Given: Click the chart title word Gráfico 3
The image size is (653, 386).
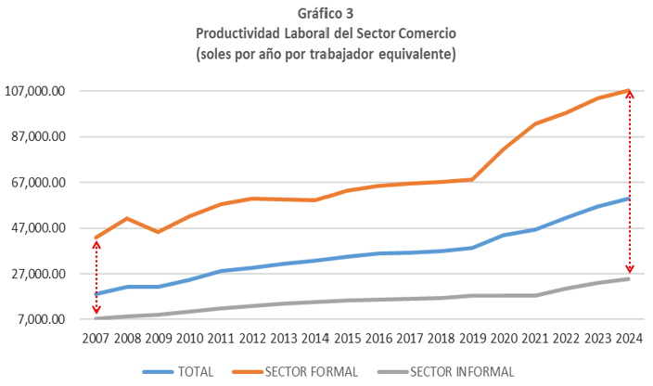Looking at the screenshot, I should tap(326, 13).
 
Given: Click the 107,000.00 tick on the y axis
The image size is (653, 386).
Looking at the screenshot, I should tap(35, 92).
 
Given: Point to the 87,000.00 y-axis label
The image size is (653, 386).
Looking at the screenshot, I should tap(38, 137).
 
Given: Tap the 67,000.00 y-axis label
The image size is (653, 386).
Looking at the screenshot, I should tap(38, 183).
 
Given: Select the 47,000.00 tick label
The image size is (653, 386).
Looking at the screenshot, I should tap(38, 228).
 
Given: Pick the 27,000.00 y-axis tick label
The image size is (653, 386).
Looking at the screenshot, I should tap(38, 274).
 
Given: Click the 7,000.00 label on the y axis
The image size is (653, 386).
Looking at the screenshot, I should tap(42, 319).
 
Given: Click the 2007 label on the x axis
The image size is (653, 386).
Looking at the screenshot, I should tap(96, 338).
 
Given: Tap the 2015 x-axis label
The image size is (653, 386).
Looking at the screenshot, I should tap(348, 338).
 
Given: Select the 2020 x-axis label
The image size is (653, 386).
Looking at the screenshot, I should tap(505, 338).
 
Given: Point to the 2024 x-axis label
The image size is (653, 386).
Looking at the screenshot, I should tap(630, 338).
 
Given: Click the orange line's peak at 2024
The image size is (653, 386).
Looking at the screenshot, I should tap(630, 91).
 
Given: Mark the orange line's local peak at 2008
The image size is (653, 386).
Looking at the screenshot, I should tap(128, 218).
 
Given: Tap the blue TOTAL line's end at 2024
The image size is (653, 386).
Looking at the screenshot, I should tap(630, 199).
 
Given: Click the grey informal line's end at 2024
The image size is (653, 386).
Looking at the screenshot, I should tap(630, 278).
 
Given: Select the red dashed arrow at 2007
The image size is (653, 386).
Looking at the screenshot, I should tap(96, 277).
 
